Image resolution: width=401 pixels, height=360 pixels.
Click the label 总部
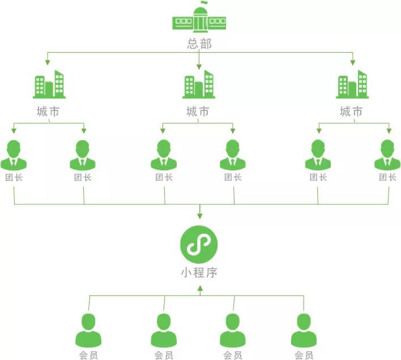[x=199, y=44]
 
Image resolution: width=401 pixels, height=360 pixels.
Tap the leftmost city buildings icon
[x=49, y=84]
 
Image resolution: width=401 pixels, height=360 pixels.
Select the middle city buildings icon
[x=199, y=84]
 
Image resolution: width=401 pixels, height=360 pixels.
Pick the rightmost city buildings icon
[x=352, y=84]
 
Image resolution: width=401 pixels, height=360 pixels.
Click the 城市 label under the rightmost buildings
[x=351, y=112]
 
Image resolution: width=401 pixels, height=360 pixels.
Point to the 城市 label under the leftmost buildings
[x=48, y=112]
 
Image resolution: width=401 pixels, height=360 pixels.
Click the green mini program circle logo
[x=199, y=245]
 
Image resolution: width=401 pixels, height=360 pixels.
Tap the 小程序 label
[x=199, y=273]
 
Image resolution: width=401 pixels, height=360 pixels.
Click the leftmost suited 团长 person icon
[x=14, y=155]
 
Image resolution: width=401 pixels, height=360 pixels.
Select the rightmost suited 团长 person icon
[x=387, y=155]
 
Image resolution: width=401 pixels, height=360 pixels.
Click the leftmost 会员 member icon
[x=88, y=331]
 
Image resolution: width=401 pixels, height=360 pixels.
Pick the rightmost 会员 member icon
[x=304, y=331]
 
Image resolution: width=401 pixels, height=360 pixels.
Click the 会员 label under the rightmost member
[x=304, y=355]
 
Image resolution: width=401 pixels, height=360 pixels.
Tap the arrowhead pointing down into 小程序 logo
[x=200, y=216]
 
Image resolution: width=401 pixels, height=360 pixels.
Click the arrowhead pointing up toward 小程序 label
[x=200, y=289]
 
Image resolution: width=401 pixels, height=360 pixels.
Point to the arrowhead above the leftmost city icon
[x=48, y=62]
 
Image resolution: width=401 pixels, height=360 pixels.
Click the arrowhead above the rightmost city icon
[x=353, y=62]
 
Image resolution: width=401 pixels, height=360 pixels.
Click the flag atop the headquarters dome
[x=204, y=2]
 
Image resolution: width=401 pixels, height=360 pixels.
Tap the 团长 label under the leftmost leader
[x=14, y=177]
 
